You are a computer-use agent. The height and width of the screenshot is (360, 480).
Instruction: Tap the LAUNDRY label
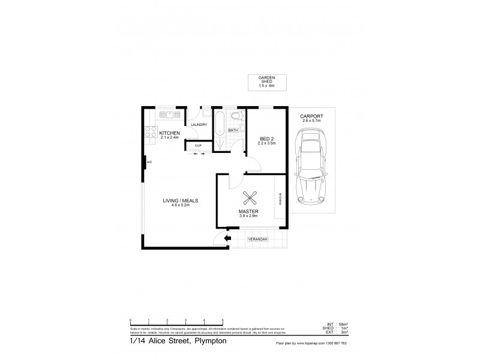point(199,125)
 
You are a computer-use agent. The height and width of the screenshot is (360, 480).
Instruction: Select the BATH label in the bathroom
point(233,130)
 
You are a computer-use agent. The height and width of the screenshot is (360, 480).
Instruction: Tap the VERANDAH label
point(259,240)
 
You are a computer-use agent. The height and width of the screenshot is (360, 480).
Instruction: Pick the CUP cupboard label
point(197,145)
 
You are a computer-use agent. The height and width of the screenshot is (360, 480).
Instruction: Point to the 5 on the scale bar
point(223,320)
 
